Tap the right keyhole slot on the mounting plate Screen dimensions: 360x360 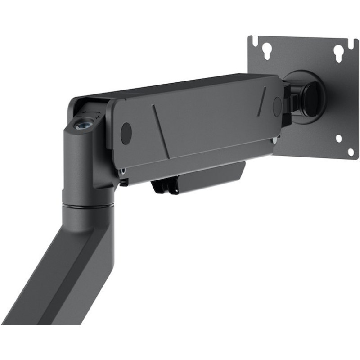[339, 53]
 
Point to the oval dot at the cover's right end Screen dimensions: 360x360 [277, 106]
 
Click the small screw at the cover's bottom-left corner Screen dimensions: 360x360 [122, 171]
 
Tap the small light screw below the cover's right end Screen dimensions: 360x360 [274, 140]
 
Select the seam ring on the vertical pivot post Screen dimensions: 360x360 [88, 206]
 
